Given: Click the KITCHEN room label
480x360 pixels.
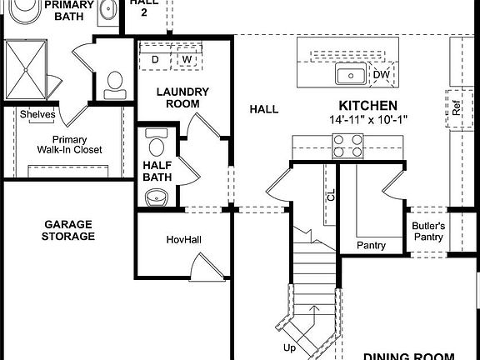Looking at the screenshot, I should pyautogui.click(x=367, y=106).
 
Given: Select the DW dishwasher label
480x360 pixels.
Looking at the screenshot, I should pyautogui.click(x=381, y=75).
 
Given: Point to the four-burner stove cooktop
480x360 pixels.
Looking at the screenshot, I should pyautogui.click(x=348, y=146).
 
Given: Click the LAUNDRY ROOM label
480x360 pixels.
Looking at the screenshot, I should pyautogui.click(x=182, y=97).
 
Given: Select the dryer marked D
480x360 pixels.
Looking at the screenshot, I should pyautogui.click(x=155, y=59).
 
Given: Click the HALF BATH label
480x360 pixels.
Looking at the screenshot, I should pyautogui.click(x=157, y=171).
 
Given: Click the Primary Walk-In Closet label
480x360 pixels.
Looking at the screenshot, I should pyautogui.click(x=69, y=145).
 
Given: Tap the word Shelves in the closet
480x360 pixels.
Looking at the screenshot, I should pyautogui.click(x=37, y=114).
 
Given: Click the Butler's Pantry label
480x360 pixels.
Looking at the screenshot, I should pyautogui.click(x=429, y=232).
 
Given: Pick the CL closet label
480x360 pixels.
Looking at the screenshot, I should pyautogui.click(x=331, y=195).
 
